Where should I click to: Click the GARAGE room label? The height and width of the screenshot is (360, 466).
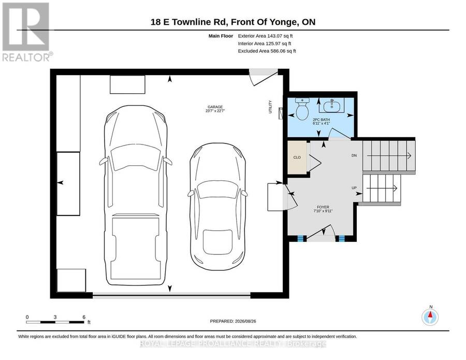(215, 107)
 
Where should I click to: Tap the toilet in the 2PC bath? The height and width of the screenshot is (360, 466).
(302, 109)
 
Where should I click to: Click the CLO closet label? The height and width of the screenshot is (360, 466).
(297, 157)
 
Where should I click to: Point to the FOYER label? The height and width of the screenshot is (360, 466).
(323, 207)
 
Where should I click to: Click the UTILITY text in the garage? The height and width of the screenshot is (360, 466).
(270, 107)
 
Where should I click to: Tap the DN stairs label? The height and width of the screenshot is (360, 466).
(354, 155)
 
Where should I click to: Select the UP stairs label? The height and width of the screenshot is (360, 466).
(354, 188)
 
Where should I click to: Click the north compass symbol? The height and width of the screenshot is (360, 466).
(430, 317)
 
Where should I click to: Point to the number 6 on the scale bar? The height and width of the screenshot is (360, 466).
(84, 317)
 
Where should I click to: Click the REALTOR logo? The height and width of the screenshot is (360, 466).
(27, 32)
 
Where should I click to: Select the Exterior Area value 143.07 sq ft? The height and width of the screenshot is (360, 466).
(280, 36)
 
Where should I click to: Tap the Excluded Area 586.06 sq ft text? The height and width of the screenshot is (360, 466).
(267, 51)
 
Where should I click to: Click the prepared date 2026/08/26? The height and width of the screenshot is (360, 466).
(245, 321)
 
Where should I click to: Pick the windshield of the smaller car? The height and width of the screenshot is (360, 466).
(218, 189)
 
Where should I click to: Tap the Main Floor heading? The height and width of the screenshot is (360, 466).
(221, 36)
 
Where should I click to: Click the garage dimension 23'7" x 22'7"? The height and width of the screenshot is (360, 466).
(215, 111)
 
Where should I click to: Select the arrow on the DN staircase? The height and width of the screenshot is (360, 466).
(389, 155)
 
